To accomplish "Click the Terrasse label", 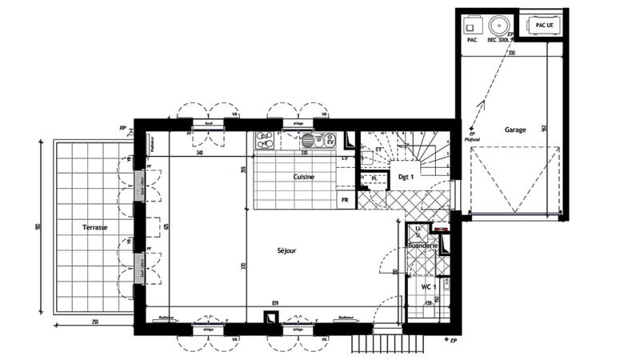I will [94, 227].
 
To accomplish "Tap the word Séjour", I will [286, 250].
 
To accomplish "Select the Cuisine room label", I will [303, 177].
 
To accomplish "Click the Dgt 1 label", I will [406, 177].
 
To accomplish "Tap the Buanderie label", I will [422, 246].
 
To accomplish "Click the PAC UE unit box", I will [543, 25].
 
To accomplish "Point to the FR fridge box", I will [345, 199].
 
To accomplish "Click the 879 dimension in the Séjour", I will [275, 302].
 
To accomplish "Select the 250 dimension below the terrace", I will [94, 322].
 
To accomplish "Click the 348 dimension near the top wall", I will [198, 152].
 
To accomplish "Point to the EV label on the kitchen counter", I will [329, 141].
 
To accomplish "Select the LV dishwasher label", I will [345, 159].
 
